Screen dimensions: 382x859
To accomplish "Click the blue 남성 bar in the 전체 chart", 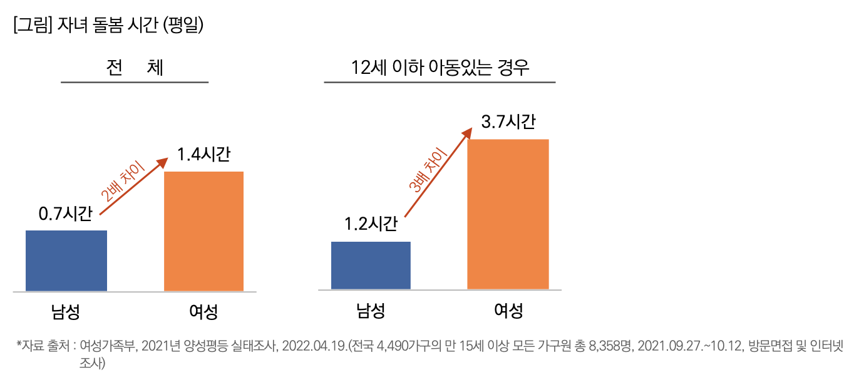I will (x=66, y=261).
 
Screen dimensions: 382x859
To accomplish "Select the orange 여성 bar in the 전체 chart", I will (x=203, y=231).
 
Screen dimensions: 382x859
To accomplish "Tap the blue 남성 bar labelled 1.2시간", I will (x=371, y=266).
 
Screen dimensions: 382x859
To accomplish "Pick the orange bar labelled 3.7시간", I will (x=508, y=214).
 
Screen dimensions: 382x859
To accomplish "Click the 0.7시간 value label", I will (x=65, y=214).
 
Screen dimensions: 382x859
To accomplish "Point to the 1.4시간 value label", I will (x=203, y=155).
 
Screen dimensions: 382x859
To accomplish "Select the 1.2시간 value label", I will (x=371, y=224).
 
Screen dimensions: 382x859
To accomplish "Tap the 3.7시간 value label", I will (x=508, y=121).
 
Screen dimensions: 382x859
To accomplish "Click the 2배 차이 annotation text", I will (x=123, y=181).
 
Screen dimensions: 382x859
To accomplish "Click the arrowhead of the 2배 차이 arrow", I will (x=163, y=162).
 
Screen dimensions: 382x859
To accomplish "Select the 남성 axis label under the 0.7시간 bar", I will (x=66, y=311).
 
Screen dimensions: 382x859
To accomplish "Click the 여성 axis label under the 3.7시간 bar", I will (x=508, y=311).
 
